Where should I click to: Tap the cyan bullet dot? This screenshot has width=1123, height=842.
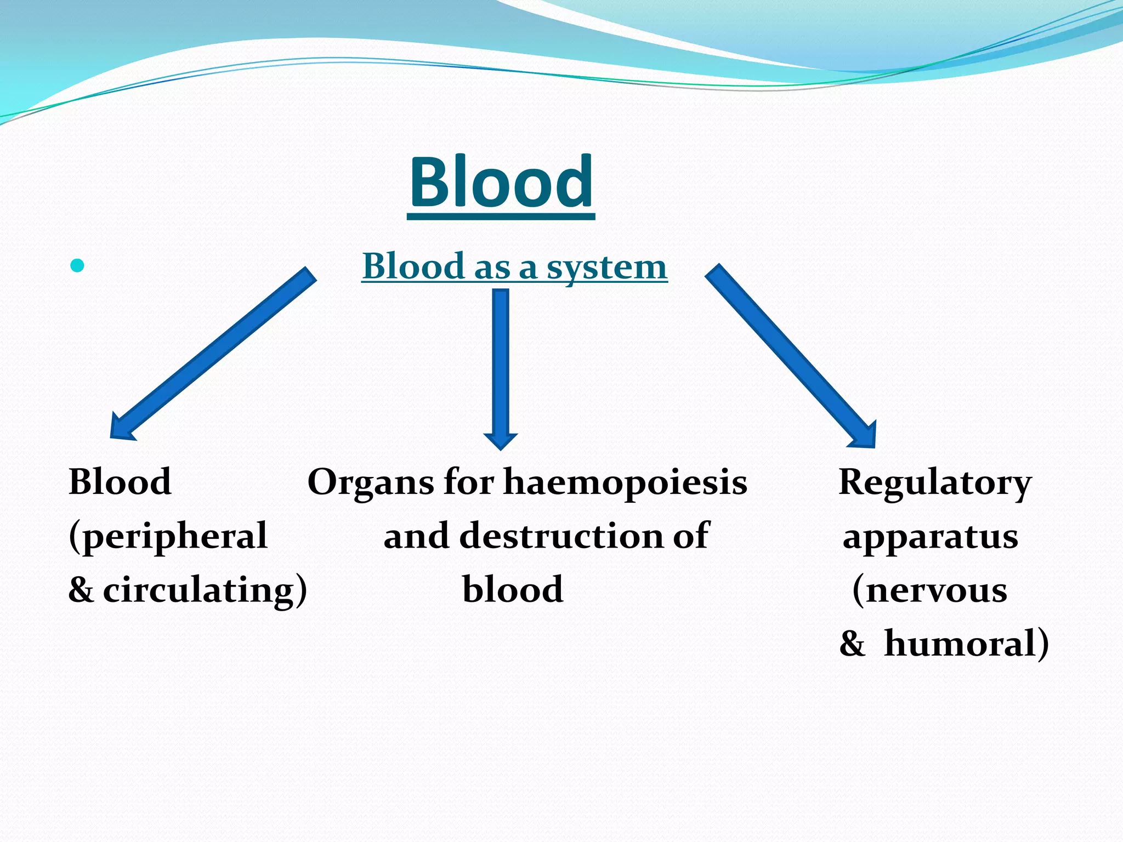77,266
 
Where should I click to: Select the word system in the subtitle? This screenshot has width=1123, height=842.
606,268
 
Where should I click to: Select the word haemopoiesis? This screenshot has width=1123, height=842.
625,483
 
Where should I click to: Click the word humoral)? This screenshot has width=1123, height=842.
967,643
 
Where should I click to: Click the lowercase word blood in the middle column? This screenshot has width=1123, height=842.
513,590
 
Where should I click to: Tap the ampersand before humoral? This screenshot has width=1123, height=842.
852,644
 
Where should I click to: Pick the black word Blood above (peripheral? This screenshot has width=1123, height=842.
120,482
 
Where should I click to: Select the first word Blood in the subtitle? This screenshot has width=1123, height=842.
413,268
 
